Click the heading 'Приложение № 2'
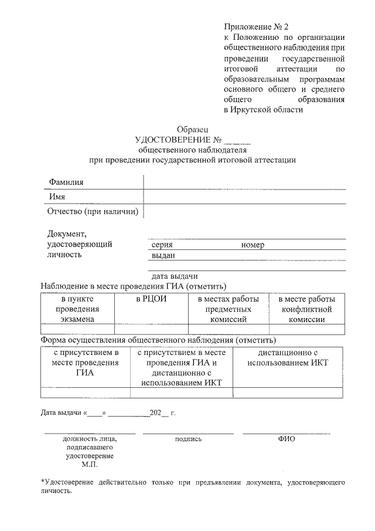[x=256, y=26]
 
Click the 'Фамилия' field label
[x=66, y=182]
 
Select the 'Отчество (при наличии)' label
[x=93, y=211]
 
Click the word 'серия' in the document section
[x=162, y=245]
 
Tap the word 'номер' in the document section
[x=253, y=245]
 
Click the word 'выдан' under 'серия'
[x=162, y=256]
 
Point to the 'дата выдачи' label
[x=174, y=276]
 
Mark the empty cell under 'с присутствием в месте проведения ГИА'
[x=85, y=393]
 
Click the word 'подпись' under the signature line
[x=188, y=438]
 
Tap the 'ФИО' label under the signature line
[x=287, y=438]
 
